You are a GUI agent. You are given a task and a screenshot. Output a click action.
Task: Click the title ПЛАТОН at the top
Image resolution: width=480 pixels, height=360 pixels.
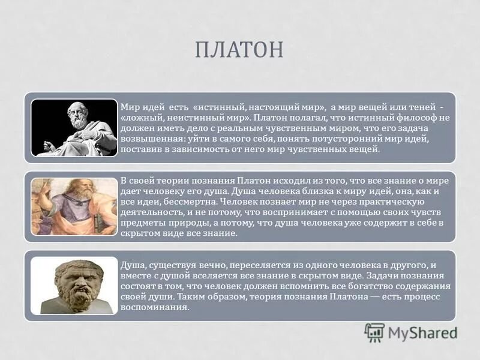(x=239, y=50)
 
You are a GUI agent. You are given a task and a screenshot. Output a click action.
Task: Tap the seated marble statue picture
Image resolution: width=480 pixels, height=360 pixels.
(x=74, y=128)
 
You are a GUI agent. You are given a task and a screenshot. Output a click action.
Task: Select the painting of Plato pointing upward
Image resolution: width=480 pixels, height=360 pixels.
(x=74, y=206)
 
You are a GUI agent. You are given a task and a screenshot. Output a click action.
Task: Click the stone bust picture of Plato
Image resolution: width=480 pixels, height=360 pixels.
(x=74, y=286)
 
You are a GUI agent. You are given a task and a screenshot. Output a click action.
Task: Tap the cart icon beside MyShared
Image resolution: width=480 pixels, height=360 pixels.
(x=374, y=332)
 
